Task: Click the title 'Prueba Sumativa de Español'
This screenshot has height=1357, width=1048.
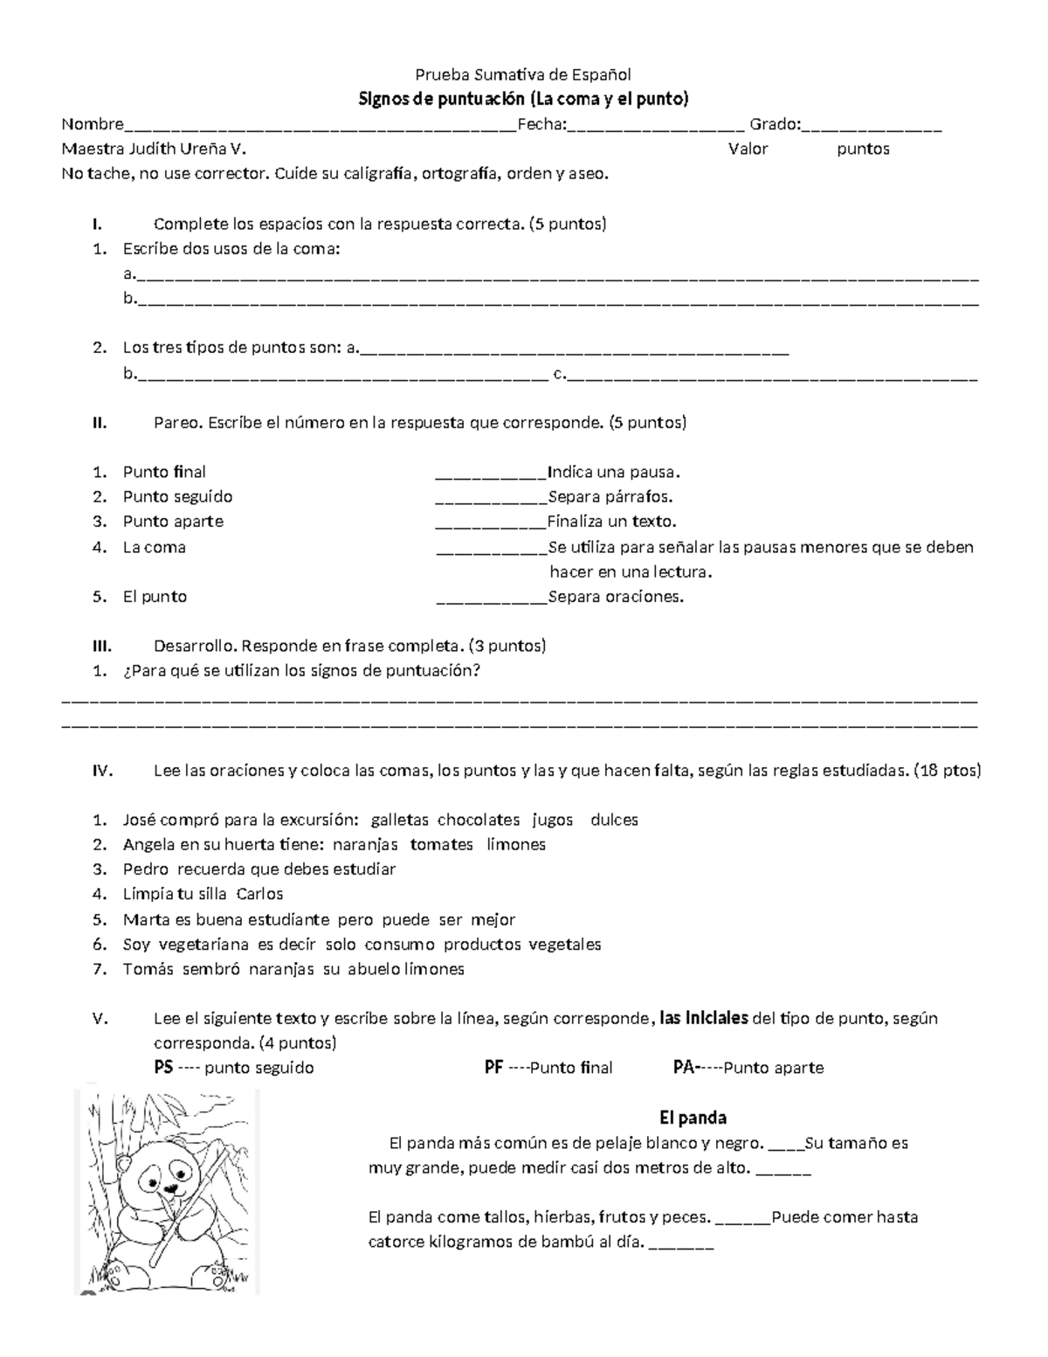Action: click(x=522, y=74)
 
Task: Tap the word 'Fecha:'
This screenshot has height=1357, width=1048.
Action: click(x=541, y=124)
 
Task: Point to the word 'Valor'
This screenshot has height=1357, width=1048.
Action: click(x=748, y=149)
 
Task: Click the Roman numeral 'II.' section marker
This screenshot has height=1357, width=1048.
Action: click(x=100, y=423)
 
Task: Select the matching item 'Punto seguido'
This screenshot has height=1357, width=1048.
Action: click(x=177, y=496)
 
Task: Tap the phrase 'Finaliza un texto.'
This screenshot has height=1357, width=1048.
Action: click(x=611, y=522)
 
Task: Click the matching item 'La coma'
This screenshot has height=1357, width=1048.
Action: click(x=154, y=547)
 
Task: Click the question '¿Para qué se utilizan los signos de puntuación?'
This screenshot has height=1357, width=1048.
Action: click(x=301, y=671)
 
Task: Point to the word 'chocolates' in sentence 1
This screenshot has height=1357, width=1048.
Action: click(x=479, y=820)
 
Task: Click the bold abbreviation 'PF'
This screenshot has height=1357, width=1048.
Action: click(x=493, y=1068)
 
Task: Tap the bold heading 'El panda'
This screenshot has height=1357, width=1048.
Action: click(x=693, y=1118)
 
